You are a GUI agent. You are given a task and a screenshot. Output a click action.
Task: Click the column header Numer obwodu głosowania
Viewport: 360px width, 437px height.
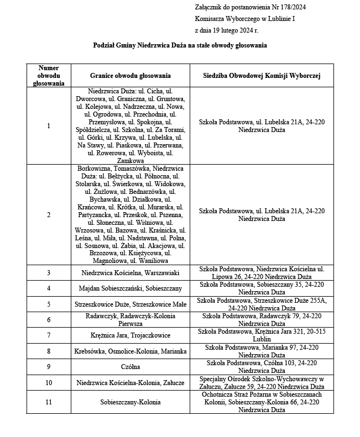pos(49,76)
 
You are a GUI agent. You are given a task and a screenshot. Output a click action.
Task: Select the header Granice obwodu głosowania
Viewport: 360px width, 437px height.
pos(130,76)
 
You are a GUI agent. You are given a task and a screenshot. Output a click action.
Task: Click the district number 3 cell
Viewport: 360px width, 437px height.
pos(49,273)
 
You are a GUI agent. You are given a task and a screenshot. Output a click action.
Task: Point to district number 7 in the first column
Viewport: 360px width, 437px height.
pos(49,335)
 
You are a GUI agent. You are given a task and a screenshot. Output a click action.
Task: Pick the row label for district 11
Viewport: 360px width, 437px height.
pos(49,402)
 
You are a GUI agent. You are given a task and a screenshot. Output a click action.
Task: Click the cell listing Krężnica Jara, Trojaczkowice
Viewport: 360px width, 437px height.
pos(130,335)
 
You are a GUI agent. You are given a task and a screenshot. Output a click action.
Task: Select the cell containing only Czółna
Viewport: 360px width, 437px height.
pos(130,367)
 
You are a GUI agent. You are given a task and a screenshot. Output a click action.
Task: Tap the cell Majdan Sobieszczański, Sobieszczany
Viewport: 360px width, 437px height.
pos(130,288)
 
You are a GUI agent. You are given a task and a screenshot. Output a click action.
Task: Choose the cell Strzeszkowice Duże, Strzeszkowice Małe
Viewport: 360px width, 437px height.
pos(130,304)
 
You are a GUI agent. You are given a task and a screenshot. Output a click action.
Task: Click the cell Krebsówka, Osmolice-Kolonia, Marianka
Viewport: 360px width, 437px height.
pos(130,351)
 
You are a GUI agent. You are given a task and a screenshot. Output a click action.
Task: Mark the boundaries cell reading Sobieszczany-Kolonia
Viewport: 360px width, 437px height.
pos(130,402)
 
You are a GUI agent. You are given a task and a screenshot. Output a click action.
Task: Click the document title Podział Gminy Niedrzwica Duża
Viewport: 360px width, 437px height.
pos(180,45)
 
